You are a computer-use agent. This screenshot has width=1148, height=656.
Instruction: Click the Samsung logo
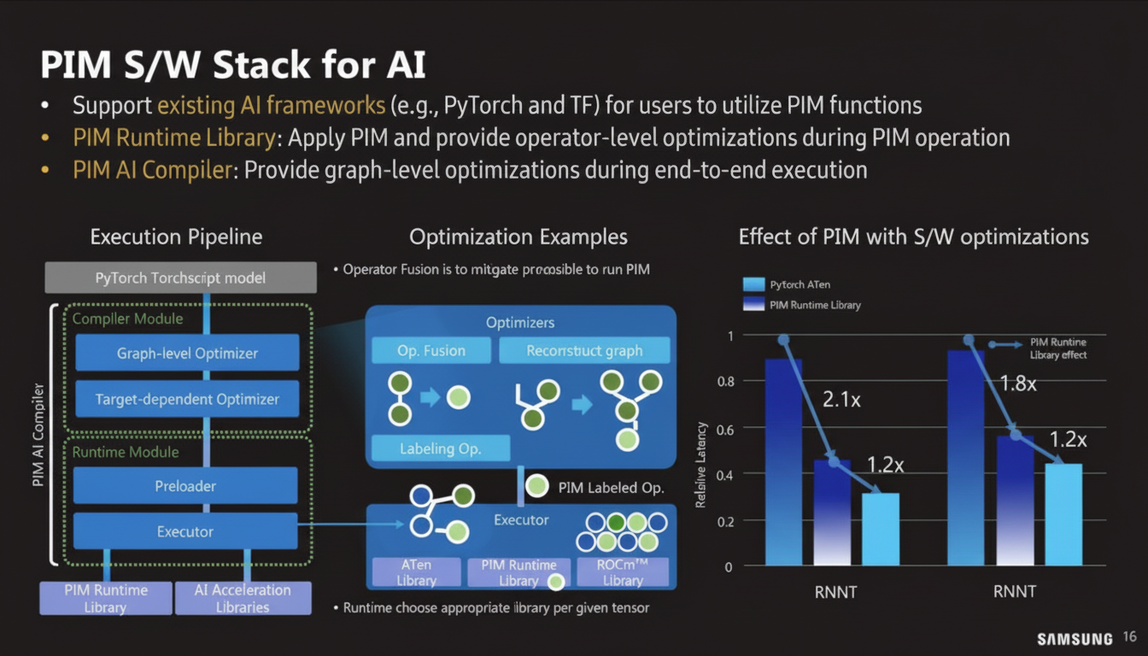(1075, 639)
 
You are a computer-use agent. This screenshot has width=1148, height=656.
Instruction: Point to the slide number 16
(1130, 637)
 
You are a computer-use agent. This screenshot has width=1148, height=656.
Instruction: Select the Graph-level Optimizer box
(187, 353)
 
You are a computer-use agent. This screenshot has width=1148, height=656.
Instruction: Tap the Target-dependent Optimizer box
(187, 399)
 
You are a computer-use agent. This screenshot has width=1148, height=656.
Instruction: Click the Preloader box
(185, 486)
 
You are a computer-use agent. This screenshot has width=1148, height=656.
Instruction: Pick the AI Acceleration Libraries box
(243, 598)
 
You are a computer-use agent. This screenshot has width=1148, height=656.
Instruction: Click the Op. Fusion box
(431, 350)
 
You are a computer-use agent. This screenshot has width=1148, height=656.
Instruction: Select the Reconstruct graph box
(584, 350)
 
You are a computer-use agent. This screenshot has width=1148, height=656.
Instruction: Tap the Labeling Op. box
(441, 448)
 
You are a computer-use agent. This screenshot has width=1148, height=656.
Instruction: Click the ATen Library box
(416, 572)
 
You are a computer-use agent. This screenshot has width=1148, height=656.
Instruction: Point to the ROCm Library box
(622, 572)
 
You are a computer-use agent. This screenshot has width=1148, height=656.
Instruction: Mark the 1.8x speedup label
(1018, 383)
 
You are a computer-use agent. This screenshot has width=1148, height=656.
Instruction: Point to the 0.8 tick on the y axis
(725, 382)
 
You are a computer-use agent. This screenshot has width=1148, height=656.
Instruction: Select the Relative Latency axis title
(701, 466)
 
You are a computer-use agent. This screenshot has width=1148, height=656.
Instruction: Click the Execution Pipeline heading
(176, 237)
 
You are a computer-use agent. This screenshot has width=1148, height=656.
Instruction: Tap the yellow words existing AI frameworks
(271, 106)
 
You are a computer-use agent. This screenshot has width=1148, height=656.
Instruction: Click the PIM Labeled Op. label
(610, 488)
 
